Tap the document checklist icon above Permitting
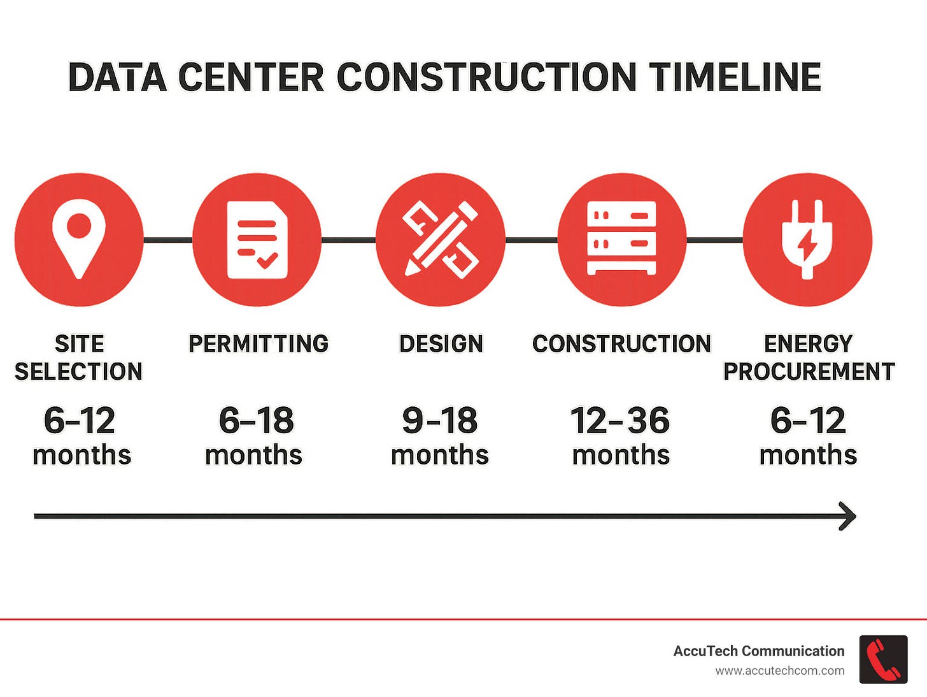pos(257,240)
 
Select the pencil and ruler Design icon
pos(440,240)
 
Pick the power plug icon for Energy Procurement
pos(807,240)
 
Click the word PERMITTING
pos(258,344)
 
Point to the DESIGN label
pos(441,344)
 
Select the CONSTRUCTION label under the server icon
pos(621,344)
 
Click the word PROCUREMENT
pos(809,371)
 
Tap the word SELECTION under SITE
pos(79,371)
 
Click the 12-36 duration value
pos(620,421)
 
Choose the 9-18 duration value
pos(440,421)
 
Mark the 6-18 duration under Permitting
pos(256,421)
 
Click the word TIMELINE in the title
pos(735,78)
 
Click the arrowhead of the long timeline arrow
pos(849,516)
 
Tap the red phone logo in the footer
pos(883,659)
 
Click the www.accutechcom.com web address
pos(779,671)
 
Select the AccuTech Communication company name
pos(758,651)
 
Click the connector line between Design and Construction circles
pos(531,240)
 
